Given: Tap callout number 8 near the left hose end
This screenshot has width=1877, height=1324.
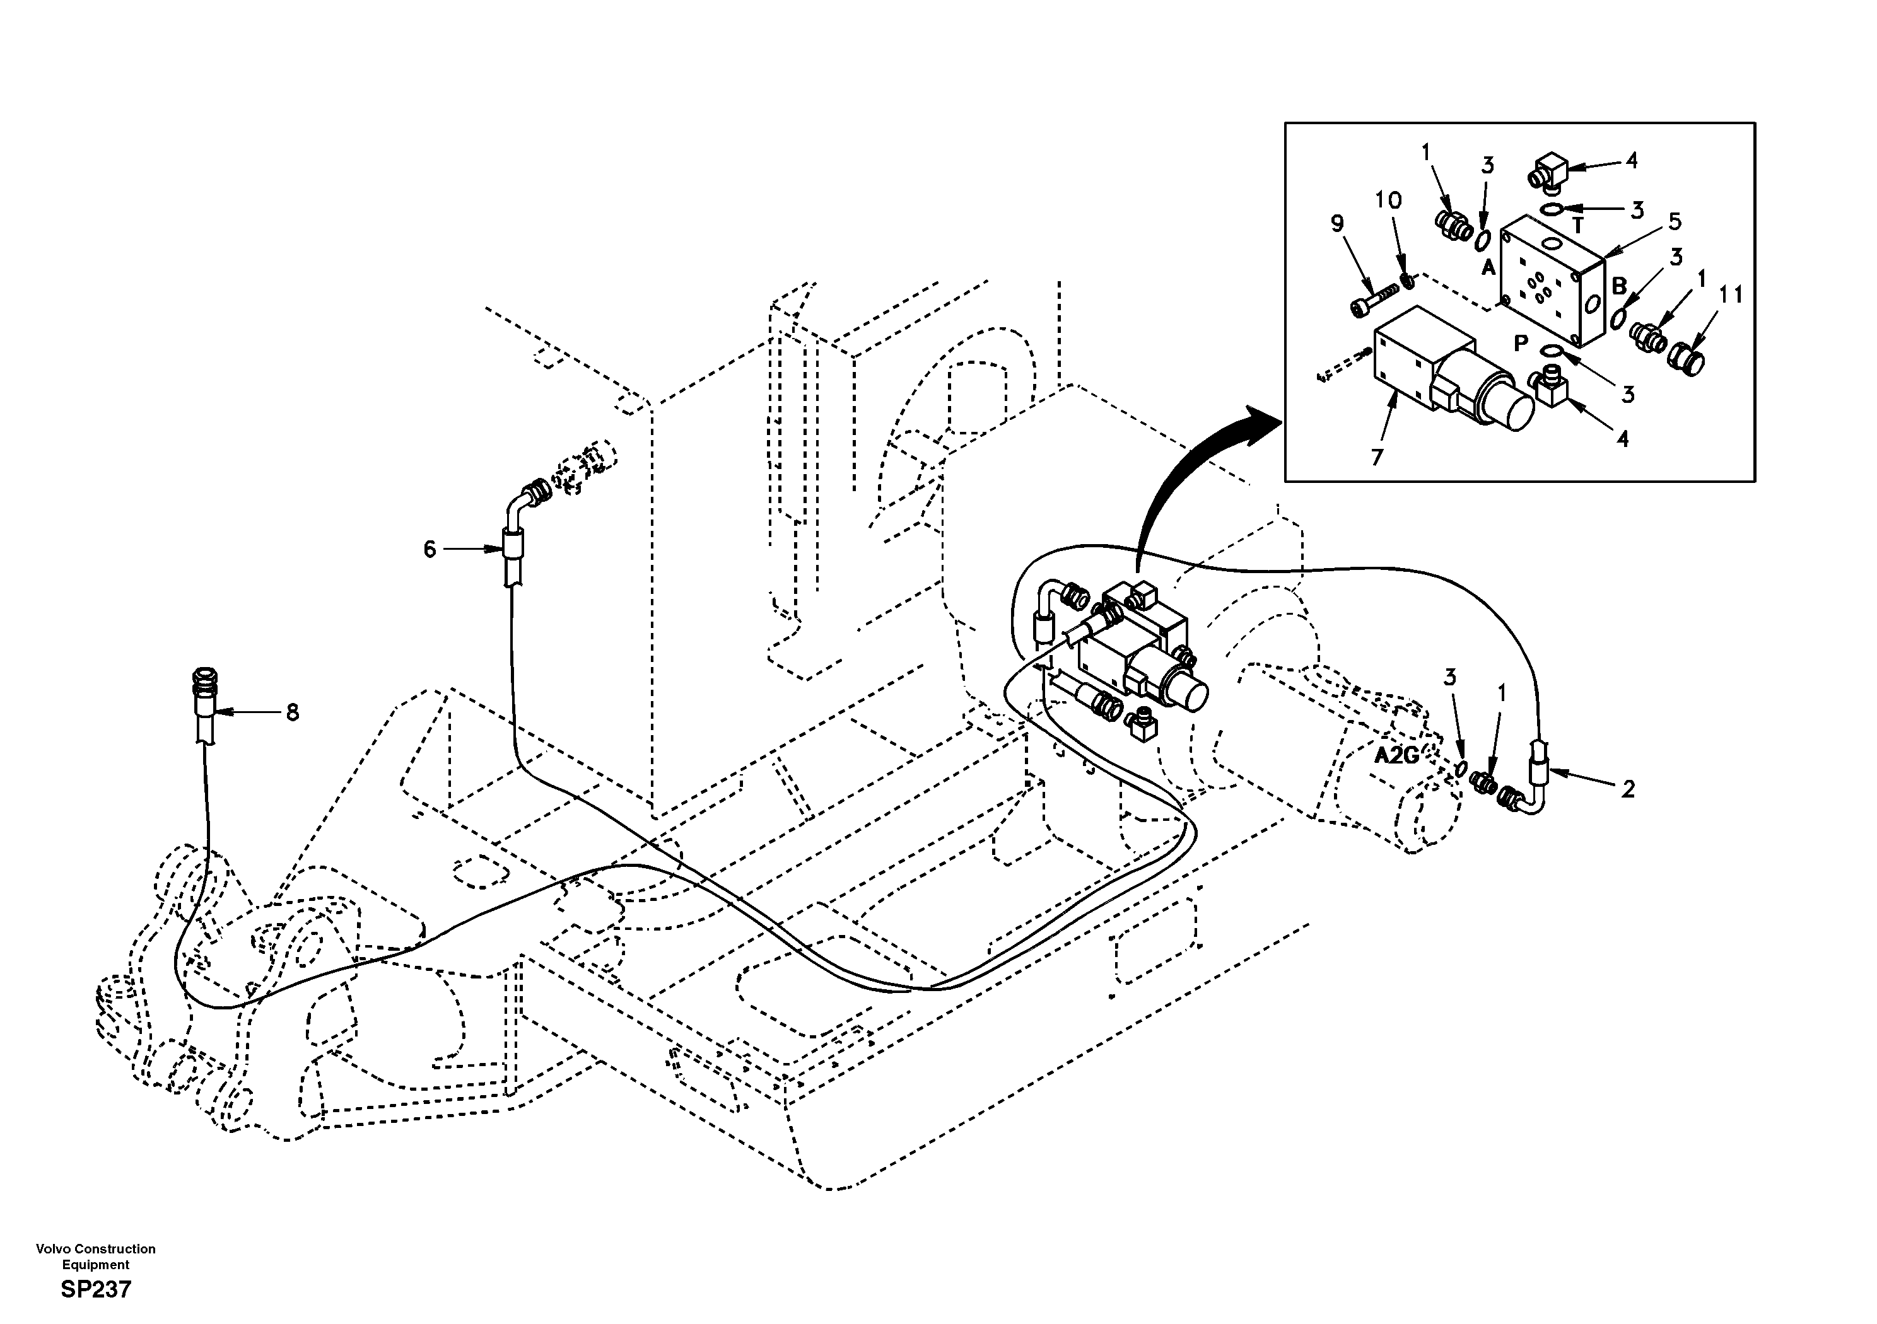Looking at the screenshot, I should coord(292,712).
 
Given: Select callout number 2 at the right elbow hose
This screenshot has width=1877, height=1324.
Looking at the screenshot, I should coord(1628,789).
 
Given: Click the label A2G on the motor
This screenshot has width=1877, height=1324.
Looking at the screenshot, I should coord(1396,756).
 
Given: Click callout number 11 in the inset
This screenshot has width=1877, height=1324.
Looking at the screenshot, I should coord(1731,295).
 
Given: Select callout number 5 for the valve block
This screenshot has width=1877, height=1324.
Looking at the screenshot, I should coord(1675,221).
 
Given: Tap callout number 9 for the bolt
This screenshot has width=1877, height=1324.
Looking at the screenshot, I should coord(1338,223).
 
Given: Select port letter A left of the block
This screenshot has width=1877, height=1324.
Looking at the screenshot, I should coord(1488,267).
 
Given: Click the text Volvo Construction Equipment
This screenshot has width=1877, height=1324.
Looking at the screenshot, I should coord(96,1256).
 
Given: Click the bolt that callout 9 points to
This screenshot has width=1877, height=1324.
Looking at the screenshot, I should coord(1367,300).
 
